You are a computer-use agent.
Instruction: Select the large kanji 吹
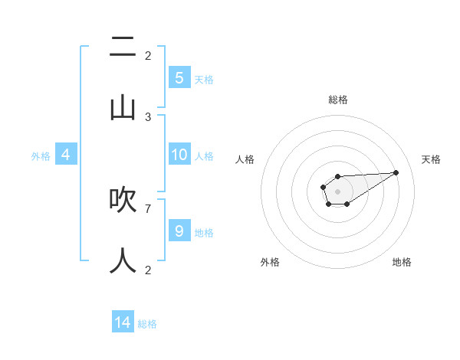coord(123,200)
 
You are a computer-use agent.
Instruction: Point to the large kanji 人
coord(123,260)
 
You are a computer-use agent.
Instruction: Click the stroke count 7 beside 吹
coord(148,208)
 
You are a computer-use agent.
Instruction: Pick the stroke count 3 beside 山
coord(148,116)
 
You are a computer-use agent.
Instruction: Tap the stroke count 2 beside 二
coord(148,56)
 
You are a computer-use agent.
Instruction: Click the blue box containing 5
coord(179,77)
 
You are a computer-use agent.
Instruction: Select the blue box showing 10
coord(179,155)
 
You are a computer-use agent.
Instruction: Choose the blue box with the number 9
coord(179,231)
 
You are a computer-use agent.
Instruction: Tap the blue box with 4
coord(66,155)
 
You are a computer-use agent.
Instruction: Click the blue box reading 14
coord(123,322)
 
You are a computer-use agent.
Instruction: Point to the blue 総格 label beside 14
coord(147,324)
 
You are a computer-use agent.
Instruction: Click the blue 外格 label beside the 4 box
coord(41,156)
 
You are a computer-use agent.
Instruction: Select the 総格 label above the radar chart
coord(338,100)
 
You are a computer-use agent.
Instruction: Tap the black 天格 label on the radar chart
coord(431,159)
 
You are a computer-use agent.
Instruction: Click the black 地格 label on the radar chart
coord(402,263)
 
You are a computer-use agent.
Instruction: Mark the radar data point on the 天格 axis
coord(396,172)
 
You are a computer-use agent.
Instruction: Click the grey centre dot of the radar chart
coord(337,191)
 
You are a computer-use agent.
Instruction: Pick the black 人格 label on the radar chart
coord(245,159)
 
